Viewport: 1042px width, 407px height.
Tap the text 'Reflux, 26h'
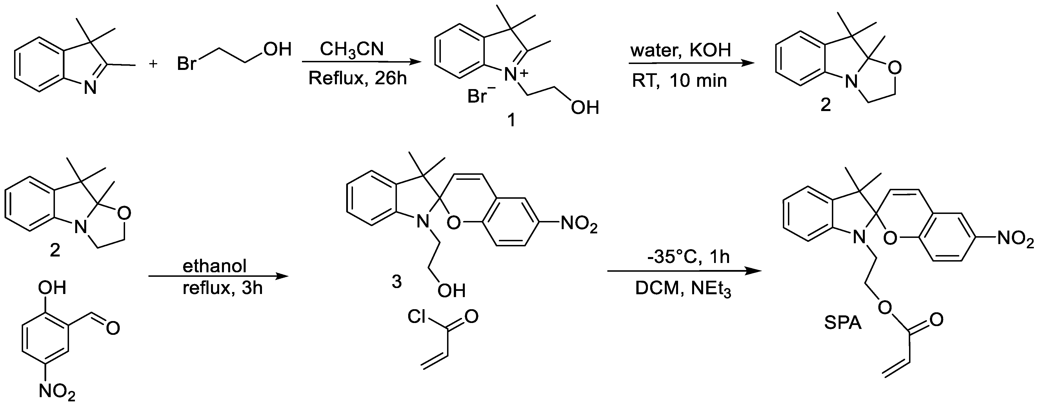(x=357, y=78)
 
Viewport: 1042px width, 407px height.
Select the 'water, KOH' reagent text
(x=680, y=50)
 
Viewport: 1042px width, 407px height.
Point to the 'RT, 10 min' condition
(x=679, y=81)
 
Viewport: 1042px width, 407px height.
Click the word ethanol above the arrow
(x=214, y=266)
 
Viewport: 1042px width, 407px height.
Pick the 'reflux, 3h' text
(x=223, y=288)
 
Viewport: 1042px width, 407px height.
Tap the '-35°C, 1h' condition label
(x=688, y=257)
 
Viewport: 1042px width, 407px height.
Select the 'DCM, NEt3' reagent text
(x=683, y=288)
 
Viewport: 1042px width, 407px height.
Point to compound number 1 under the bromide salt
(x=511, y=120)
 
